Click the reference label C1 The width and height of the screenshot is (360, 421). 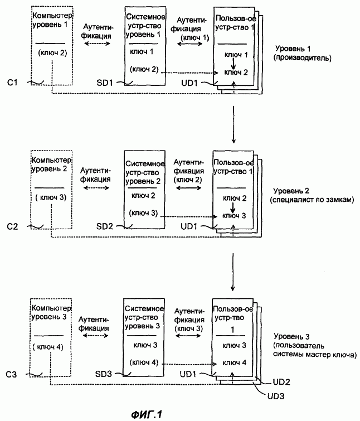pos(13,82)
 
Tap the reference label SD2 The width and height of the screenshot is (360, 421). pos(104,226)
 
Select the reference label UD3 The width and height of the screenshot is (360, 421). pos(276,396)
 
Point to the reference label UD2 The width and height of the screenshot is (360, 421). pos(281,382)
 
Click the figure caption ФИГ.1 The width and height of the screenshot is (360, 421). pos(147,414)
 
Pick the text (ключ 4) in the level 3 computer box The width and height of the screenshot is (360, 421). pos(48,347)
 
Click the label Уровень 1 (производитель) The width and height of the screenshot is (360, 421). pos(303,53)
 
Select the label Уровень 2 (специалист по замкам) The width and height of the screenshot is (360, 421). pos(312,195)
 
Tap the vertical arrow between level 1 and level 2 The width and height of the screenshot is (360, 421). pos(233,124)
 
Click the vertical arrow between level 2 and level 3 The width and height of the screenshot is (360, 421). pos(233,272)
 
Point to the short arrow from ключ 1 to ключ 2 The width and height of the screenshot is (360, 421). pos(233,64)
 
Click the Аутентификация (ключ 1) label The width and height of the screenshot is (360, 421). pos(190,29)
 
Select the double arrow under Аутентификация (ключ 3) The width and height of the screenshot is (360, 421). pos(188,336)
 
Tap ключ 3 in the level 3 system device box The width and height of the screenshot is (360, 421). pos(145,345)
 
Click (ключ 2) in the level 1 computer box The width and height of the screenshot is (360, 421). pos(52,52)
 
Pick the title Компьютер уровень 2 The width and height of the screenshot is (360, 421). pos(51,164)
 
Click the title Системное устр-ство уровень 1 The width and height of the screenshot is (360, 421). pos(145,26)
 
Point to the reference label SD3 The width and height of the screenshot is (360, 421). pos(104,374)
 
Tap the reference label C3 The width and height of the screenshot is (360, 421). pos(11,374)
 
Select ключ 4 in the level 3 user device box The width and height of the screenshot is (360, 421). pos(234,363)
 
